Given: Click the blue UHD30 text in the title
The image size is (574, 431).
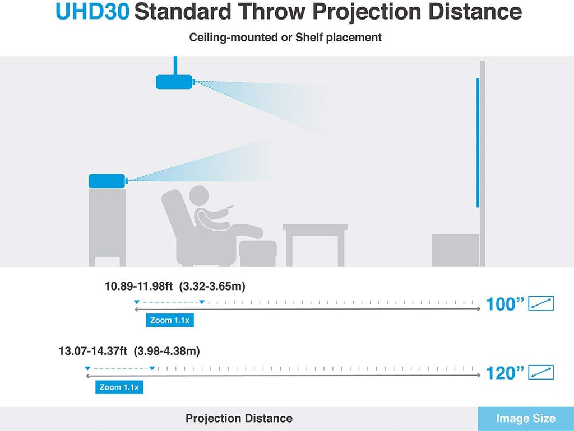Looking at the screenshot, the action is pyautogui.click(x=92, y=12).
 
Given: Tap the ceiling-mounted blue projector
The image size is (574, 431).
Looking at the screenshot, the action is pyautogui.click(x=174, y=82).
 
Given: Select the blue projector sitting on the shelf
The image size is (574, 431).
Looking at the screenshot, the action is pyautogui.click(x=108, y=181).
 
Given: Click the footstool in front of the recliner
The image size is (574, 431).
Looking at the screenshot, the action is pyautogui.click(x=258, y=253).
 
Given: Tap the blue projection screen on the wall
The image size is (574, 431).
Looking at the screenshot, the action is pyautogui.click(x=478, y=143).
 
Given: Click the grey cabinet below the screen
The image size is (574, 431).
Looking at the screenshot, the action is pyautogui.click(x=455, y=250).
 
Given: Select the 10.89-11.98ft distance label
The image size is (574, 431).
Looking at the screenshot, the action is pyautogui.click(x=138, y=286).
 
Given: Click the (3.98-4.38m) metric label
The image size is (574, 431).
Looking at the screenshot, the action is pyautogui.click(x=166, y=351).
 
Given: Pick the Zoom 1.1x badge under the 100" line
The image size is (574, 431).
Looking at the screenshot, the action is pyautogui.click(x=170, y=320).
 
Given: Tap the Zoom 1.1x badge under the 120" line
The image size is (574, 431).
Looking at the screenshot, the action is pyautogui.click(x=119, y=387).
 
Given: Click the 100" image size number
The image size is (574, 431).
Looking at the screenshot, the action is pyautogui.click(x=505, y=304).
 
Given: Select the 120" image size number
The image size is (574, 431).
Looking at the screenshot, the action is pyautogui.click(x=505, y=373).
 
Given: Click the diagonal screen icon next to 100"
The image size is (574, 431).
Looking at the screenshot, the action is pyautogui.click(x=541, y=303).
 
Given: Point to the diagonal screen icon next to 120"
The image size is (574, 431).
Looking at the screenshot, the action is pyautogui.click(x=541, y=373).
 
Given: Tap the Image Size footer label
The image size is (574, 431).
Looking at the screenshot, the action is pyautogui.click(x=526, y=418).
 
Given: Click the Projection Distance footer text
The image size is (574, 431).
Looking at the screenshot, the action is pyautogui.click(x=239, y=418).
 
